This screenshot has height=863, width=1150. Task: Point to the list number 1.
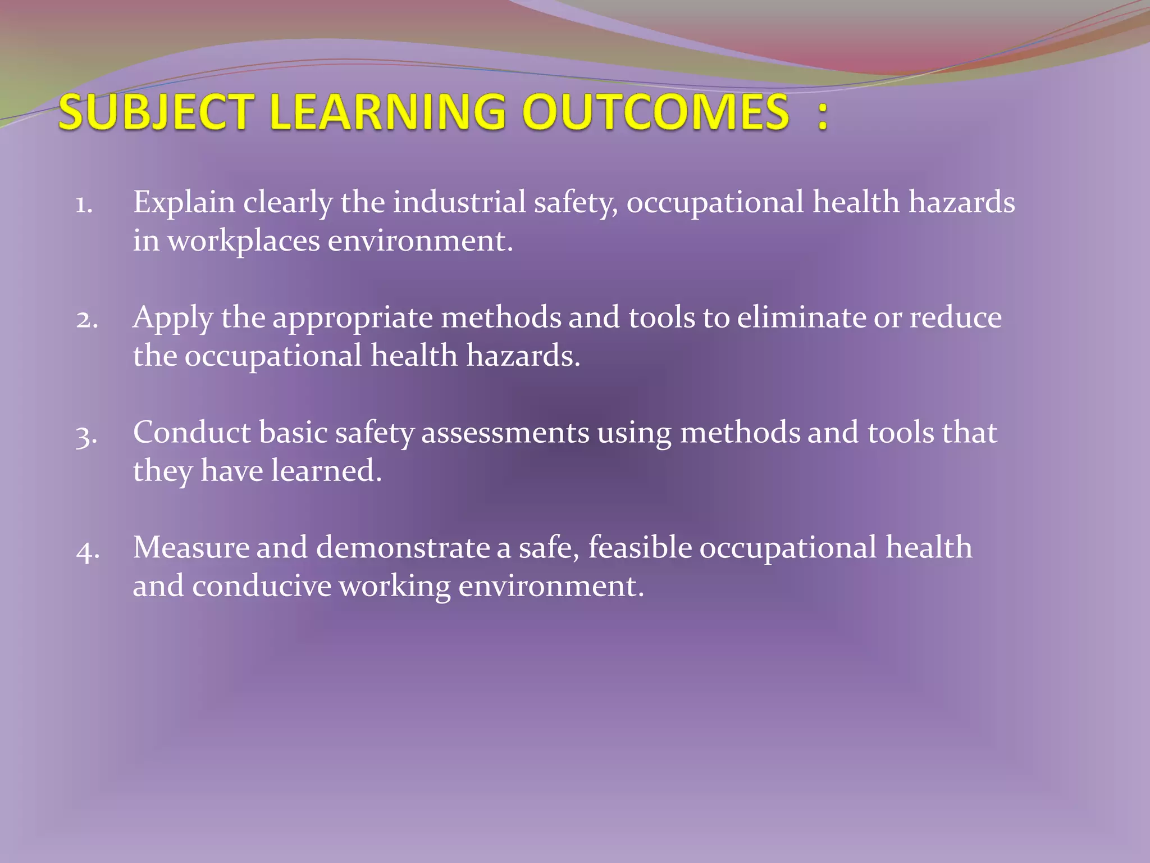click(x=84, y=205)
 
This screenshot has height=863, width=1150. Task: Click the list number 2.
click(x=87, y=320)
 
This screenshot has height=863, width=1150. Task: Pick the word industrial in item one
click(x=459, y=202)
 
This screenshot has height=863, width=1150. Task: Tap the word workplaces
click(x=244, y=241)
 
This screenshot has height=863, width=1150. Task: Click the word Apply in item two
click(x=172, y=318)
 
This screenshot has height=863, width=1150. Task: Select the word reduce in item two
click(x=956, y=317)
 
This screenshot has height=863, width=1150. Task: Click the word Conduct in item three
click(x=191, y=433)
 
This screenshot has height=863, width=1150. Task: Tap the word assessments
click(x=505, y=433)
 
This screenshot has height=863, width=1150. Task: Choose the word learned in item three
click(x=326, y=471)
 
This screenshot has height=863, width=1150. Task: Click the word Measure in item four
click(x=191, y=548)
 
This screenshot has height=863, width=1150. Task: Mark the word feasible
click(x=640, y=548)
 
